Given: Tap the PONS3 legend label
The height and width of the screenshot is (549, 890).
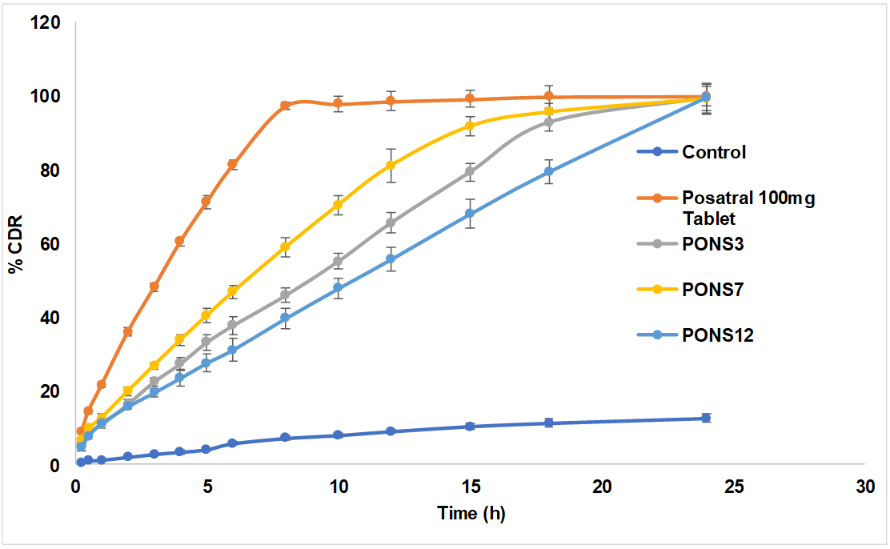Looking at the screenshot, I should click(x=713, y=245).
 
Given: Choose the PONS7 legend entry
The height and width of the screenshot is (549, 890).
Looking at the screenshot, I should click(x=713, y=290).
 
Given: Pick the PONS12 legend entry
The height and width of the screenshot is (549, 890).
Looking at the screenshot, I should click(x=717, y=335).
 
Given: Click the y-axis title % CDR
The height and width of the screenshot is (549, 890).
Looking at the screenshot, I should click(x=15, y=244).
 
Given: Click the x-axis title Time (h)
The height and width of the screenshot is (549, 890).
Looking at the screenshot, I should click(x=471, y=514).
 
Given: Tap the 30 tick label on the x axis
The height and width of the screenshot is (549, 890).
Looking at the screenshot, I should click(x=864, y=486).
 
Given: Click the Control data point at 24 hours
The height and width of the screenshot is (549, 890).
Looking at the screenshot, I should click(x=706, y=418).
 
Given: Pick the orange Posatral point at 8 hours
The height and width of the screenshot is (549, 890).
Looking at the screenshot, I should click(x=285, y=105).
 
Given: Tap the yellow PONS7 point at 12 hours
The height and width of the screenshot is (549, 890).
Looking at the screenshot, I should click(x=391, y=166).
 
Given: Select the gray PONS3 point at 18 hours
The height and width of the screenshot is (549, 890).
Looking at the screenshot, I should click(x=548, y=122).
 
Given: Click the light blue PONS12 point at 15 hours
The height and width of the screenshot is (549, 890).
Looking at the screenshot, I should click(x=470, y=214).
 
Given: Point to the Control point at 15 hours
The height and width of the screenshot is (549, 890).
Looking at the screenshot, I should click(x=470, y=427).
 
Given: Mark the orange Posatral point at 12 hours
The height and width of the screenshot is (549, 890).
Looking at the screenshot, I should click(x=391, y=101).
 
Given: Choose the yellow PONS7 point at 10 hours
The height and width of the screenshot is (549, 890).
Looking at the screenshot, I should click(x=338, y=205).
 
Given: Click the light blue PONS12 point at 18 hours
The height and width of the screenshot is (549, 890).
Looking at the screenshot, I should click(x=548, y=171).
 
